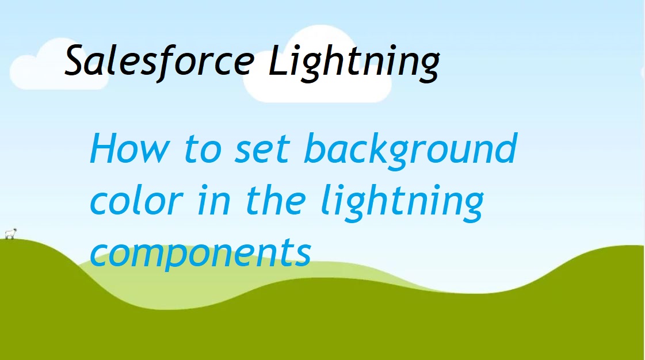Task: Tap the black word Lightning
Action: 354,62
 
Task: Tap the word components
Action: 201,254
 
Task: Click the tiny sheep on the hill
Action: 9,233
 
